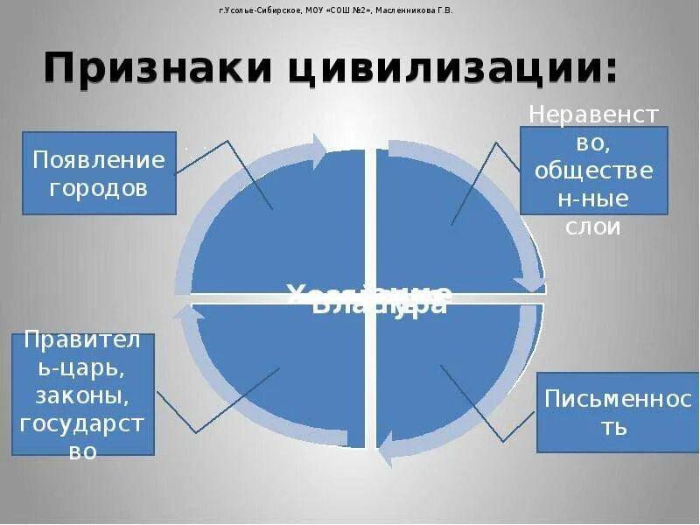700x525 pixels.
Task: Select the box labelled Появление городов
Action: coord(99,173)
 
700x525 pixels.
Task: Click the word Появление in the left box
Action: coord(99,160)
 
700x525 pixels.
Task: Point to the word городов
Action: coord(99,187)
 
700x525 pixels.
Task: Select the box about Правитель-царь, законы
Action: coord(83,395)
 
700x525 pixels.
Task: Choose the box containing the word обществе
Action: coord(593,170)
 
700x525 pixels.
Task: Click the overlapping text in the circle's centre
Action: coord(369,298)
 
